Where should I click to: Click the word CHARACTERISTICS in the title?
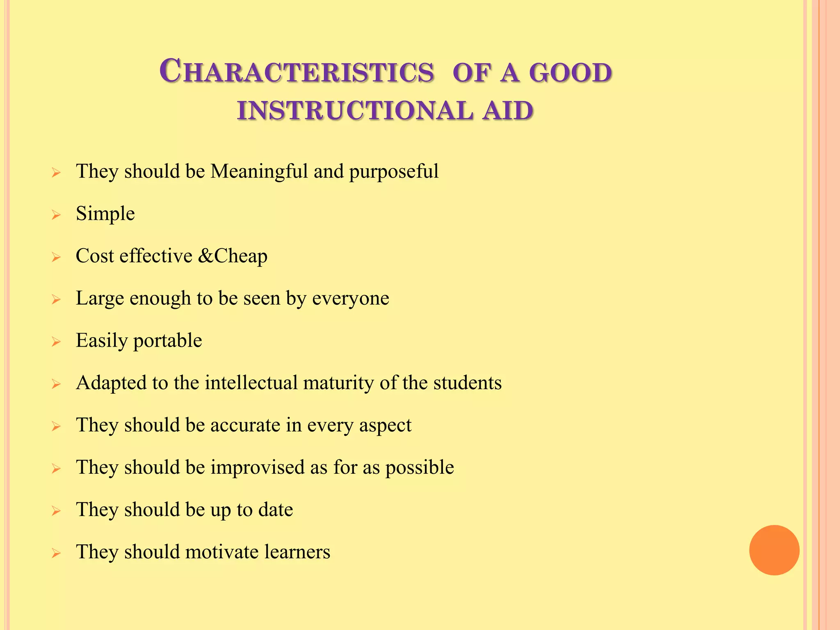pos(297,72)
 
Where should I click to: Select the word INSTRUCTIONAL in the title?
pos(355,111)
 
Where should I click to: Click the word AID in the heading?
pos(508,111)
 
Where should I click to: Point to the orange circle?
pos(774,550)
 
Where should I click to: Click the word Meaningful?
pos(259,171)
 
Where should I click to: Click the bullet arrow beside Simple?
pos(56,215)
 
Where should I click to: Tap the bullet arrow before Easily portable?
pos(56,342)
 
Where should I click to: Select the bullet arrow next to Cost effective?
pos(56,257)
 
